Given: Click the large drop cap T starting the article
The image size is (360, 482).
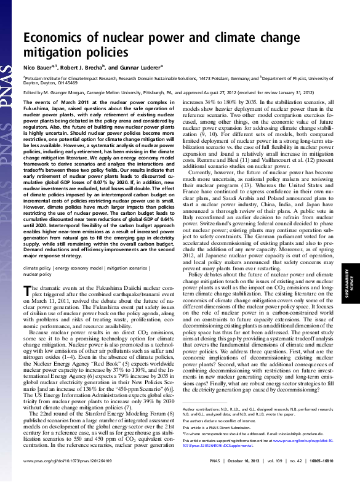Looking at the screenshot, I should coord(28,291).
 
